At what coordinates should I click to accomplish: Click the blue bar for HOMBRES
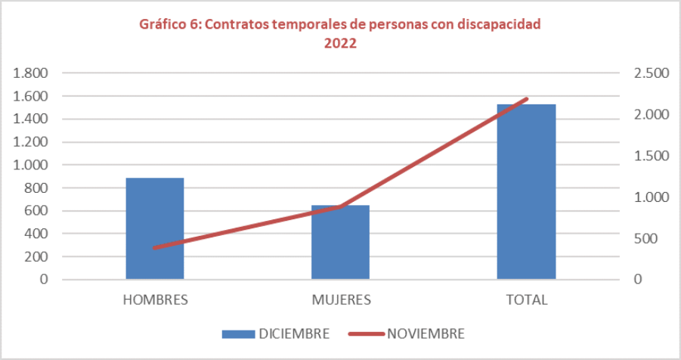click(x=154, y=228)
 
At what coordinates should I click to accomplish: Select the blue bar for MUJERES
click(x=340, y=242)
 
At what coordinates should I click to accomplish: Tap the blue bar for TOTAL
click(x=526, y=191)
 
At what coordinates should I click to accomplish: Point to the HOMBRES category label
click(x=155, y=299)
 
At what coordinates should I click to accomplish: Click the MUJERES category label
click(x=341, y=299)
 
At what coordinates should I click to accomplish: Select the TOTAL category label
click(x=526, y=299)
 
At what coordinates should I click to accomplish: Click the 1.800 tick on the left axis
click(x=31, y=73)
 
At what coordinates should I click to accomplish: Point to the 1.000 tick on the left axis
click(x=31, y=165)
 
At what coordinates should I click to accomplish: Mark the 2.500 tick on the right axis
click(x=652, y=73)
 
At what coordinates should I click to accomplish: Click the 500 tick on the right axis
click(x=647, y=238)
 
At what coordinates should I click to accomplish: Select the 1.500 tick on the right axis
click(x=652, y=156)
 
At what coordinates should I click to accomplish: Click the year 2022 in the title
click(x=340, y=43)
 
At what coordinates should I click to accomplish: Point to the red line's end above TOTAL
click(x=526, y=99)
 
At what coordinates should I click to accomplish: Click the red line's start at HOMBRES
click(x=155, y=247)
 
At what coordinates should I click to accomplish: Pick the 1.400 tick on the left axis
click(x=31, y=119)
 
